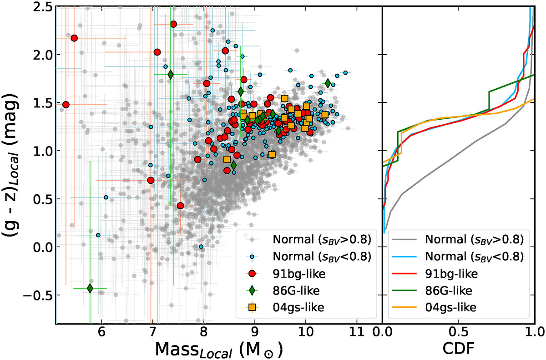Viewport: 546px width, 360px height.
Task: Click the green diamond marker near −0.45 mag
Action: [90, 288]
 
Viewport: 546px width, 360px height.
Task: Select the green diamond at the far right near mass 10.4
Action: [328, 83]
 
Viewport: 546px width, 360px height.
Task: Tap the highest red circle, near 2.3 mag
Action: [173, 24]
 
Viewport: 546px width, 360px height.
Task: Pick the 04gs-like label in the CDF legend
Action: [452, 307]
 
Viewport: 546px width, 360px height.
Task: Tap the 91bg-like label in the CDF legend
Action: [452, 274]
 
